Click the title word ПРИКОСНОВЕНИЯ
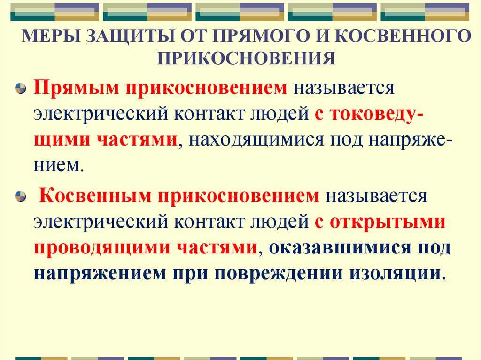[246, 58]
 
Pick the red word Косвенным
[95, 196]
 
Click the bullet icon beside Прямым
[20, 88]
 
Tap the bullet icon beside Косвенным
[20, 196]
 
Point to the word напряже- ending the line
[410, 140]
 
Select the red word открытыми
[388, 222]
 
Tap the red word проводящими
[102, 248]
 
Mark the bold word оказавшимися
[340, 248]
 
